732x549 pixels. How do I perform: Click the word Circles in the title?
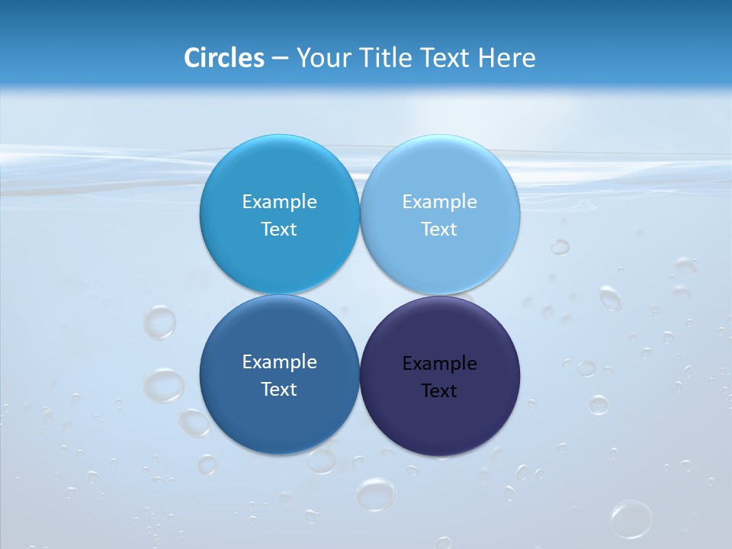223,58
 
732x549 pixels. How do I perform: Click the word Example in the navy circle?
439,364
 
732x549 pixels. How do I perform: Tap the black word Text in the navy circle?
439,391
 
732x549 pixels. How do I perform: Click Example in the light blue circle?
439,202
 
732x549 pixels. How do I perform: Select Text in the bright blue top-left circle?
279,230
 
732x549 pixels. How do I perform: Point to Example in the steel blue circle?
279,362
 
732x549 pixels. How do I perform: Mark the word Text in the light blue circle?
439,230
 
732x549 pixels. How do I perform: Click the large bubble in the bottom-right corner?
631,519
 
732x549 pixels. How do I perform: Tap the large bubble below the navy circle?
376,493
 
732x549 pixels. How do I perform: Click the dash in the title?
280,58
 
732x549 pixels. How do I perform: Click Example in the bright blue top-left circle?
279,202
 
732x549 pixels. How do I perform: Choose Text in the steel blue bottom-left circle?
279,390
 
